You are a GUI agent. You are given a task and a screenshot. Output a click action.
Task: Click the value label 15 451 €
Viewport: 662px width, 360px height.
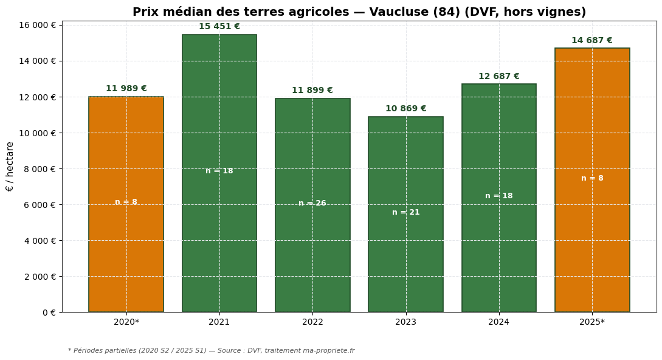(219, 27)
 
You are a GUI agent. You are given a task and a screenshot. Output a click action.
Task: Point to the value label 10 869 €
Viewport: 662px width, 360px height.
(405, 109)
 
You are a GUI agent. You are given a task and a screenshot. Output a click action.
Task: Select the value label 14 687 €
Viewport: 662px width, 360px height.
(592, 41)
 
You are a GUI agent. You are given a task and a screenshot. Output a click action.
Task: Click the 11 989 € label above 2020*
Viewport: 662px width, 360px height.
(126, 89)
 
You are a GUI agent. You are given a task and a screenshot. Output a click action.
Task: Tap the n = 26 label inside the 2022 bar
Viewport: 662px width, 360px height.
(312, 204)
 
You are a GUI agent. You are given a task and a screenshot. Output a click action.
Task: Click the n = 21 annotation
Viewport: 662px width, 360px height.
(405, 213)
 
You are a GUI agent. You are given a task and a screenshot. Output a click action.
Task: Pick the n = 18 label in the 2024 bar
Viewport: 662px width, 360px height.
(499, 196)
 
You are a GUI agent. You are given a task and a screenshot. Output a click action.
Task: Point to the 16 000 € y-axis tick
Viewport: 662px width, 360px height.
(38, 25)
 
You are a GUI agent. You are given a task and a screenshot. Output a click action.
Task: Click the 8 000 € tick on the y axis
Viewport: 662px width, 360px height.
(40, 169)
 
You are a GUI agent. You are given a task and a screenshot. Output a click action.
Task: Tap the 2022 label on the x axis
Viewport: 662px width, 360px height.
(312, 322)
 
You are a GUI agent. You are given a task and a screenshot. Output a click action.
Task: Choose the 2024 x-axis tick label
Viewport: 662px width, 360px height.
(499, 322)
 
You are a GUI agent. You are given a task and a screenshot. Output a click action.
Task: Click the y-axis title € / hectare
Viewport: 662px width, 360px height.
(10, 167)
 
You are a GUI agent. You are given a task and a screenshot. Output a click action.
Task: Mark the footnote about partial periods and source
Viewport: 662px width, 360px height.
(211, 351)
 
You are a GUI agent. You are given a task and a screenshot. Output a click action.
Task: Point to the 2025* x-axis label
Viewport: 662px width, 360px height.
(592, 322)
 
